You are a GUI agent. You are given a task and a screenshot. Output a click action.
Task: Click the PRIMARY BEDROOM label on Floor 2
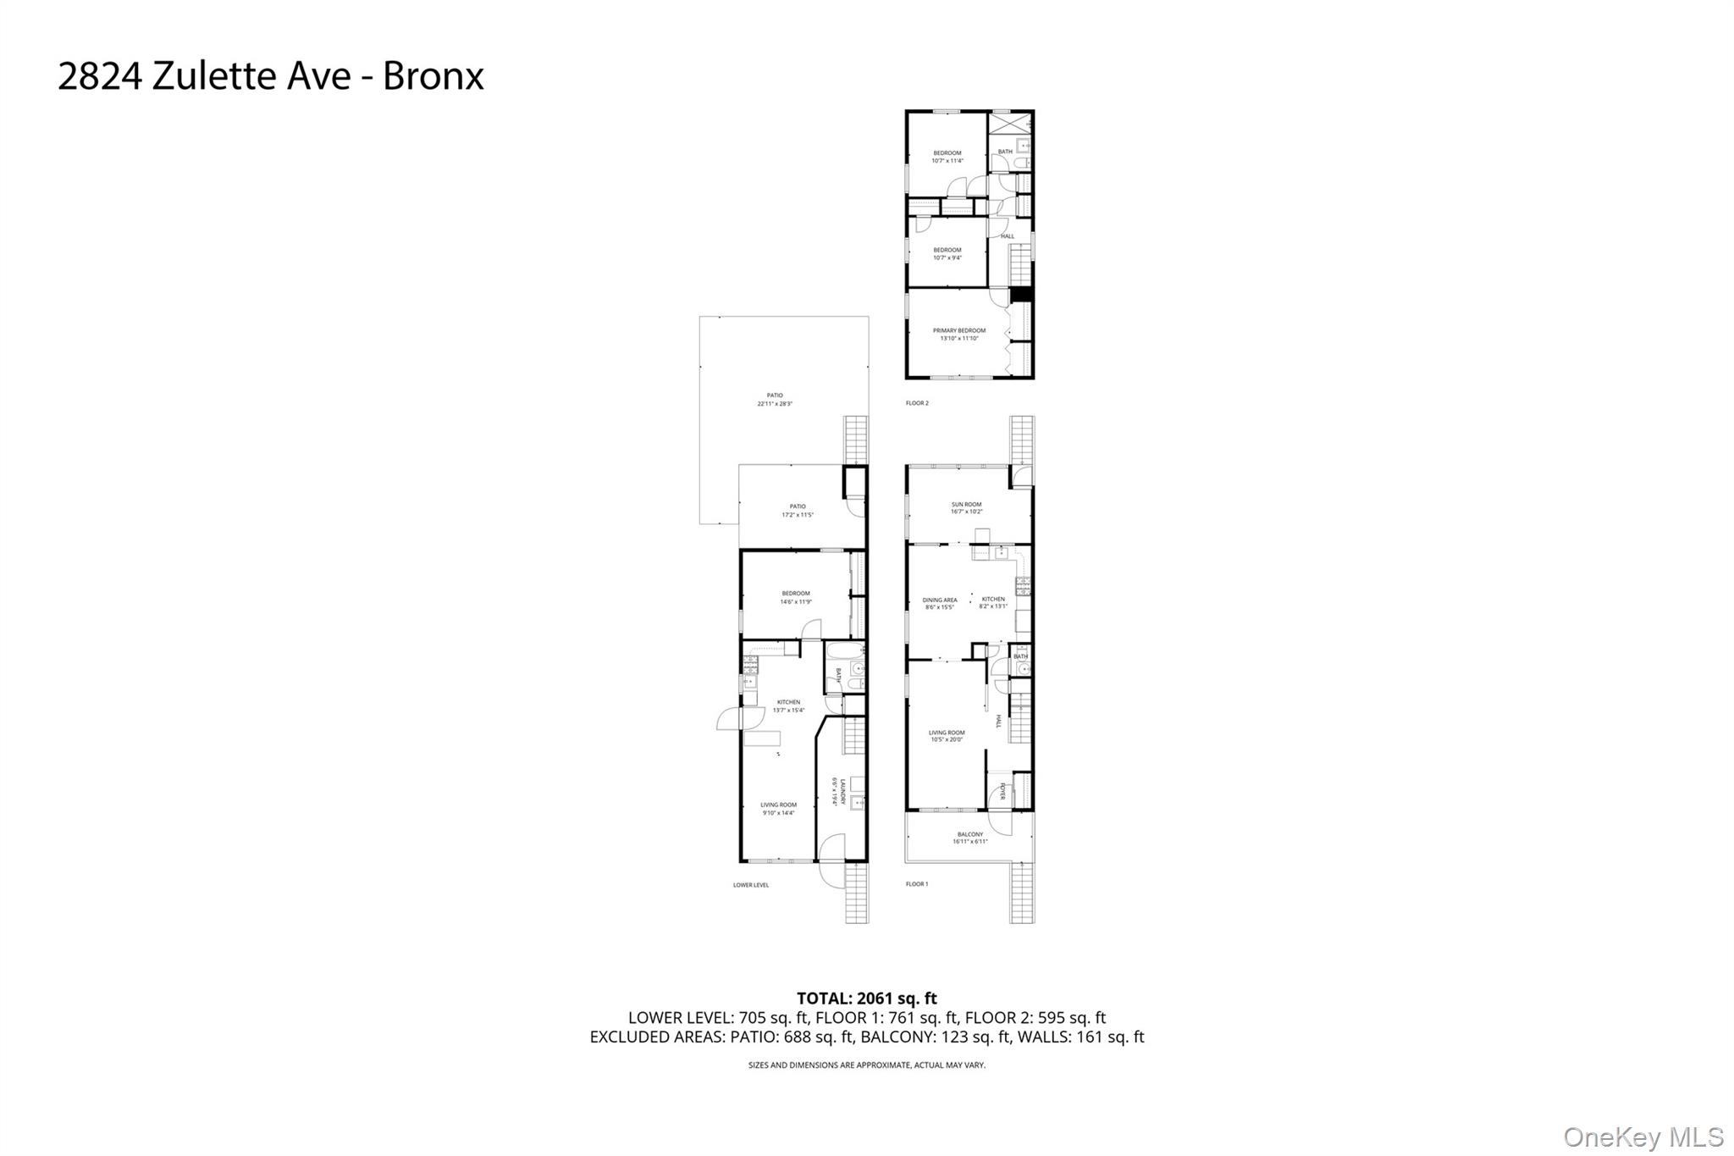[958, 330]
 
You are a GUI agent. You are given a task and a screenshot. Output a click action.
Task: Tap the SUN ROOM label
[966, 504]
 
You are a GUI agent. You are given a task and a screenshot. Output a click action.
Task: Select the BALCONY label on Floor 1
[970, 834]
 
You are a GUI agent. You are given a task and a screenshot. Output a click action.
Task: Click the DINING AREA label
[940, 600]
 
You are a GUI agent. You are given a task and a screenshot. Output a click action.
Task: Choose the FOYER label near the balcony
[1002, 791]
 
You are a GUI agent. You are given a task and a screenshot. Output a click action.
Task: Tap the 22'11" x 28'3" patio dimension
[775, 404]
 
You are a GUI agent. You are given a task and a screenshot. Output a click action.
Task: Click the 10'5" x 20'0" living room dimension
[947, 739]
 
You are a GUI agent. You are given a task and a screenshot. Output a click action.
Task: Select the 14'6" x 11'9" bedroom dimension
[796, 601]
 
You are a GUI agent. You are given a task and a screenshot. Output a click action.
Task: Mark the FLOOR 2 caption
[917, 403]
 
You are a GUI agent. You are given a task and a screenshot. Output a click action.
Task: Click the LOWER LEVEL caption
[751, 885]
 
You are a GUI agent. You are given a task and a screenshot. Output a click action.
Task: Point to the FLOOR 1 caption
[917, 884]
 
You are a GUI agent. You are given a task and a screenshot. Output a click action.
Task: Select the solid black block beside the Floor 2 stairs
[1023, 294]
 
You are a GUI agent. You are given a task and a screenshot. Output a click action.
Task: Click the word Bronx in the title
[433, 76]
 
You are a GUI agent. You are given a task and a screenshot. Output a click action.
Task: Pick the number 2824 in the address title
[101, 76]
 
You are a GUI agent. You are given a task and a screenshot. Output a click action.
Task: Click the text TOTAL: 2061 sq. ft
[867, 998]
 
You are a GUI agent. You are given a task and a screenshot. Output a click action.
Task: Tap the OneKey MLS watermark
[1643, 1137]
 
